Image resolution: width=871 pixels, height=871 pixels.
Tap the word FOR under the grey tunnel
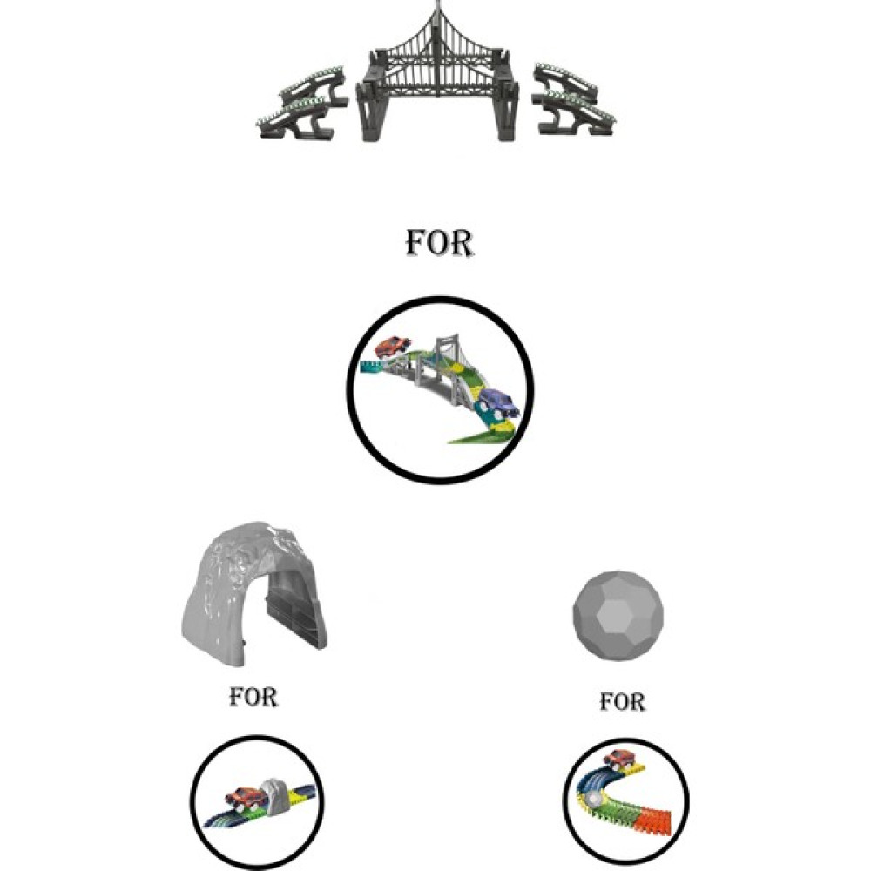coord(253,697)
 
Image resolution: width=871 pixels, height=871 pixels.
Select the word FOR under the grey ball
coord(622,702)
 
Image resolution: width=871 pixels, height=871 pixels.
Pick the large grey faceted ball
coord(618,616)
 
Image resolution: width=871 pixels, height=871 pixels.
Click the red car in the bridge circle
coord(393,348)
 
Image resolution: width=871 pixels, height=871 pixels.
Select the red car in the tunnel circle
coord(243,799)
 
